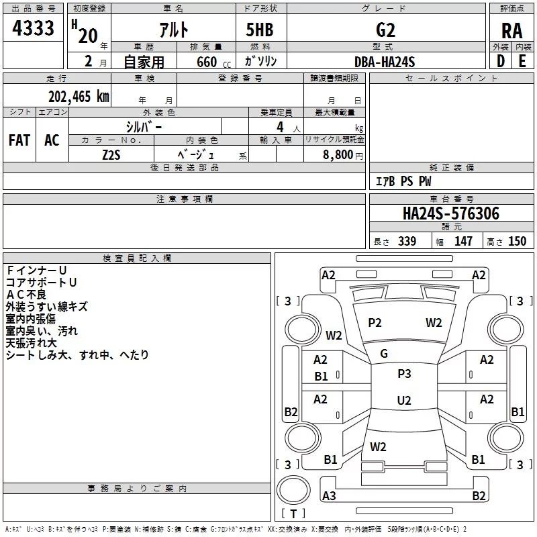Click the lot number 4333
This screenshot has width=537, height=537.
point(33,28)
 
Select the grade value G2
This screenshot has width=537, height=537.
point(385,30)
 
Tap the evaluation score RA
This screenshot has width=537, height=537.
point(511,31)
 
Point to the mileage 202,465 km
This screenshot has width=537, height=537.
point(79,97)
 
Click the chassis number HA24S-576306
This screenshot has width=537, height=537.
point(451,213)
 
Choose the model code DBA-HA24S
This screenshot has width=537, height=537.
point(385,62)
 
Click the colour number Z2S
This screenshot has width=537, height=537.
point(111,155)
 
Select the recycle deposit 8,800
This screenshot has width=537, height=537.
point(338,155)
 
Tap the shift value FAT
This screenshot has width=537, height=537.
point(19,140)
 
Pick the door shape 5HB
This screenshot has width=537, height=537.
point(260,30)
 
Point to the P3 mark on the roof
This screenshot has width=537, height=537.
point(404,374)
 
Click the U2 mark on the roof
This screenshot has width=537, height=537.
point(404,400)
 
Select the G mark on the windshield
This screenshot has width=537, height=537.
point(384,354)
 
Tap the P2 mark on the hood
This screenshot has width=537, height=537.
point(375,323)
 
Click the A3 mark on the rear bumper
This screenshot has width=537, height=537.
point(329,495)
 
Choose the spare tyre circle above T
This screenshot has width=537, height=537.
point(293,490)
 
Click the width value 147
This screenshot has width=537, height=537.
point(463,241)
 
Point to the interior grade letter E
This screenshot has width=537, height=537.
point(522,61)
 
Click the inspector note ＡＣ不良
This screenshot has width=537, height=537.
point(26,295)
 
